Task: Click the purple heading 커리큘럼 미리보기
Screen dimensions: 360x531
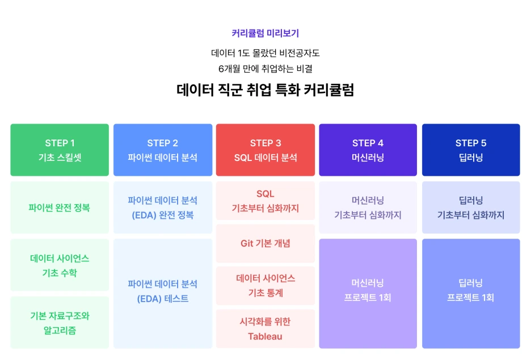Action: [265, 33]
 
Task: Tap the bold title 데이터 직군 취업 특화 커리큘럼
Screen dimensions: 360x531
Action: [265, 90]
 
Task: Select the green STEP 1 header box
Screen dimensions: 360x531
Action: [60, 150]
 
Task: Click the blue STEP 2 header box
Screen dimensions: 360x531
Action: [163, 150]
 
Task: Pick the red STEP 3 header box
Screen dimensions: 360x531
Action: [265, 150]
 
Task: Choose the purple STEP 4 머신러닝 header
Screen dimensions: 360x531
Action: [368, 150]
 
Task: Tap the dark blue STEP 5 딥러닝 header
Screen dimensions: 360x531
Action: [471, 150]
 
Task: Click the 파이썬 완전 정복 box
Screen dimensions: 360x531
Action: [60, 207]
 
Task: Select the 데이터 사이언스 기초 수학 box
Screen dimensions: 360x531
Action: [60, 265]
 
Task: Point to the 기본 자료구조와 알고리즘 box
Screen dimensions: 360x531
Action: [60, 323]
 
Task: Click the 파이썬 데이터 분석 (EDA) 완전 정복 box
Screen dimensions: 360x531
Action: [163, 207]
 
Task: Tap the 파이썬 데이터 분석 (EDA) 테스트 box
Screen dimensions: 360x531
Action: [163, 293]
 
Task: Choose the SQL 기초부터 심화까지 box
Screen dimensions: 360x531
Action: [265, 201]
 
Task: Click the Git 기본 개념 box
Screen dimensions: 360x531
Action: [265, 243]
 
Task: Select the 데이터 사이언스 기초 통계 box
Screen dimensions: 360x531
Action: [265, 286]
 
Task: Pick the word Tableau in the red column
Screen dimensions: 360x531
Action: [265, 336]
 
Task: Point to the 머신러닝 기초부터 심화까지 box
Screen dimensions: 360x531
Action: [368, 207]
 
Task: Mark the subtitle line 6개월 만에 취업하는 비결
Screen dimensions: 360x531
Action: [265, 69]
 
